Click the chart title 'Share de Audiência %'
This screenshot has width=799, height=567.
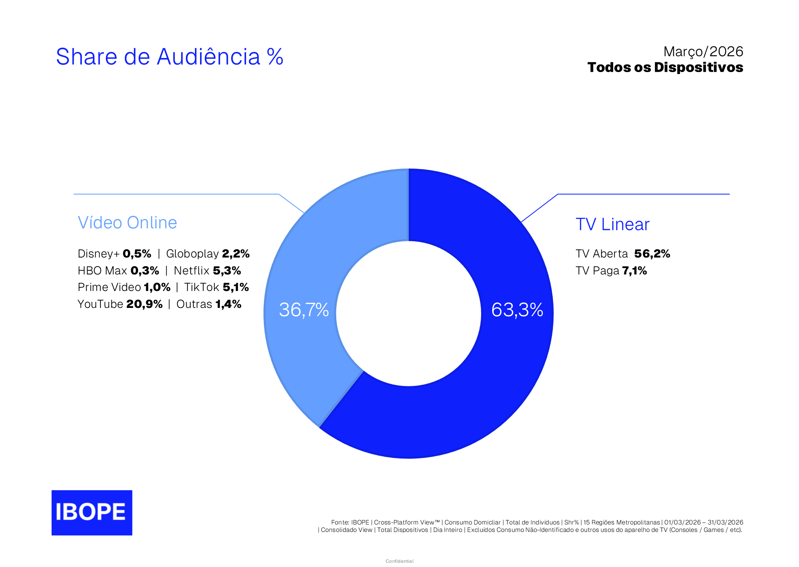click(x=169, y=57)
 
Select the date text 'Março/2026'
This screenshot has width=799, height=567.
click(x=703, y=52)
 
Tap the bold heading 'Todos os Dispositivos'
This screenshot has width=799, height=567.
click(x=665, y=67)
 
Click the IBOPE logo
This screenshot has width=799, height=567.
click(x=92, y=512)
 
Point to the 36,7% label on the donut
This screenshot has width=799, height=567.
click(x=304, y=310)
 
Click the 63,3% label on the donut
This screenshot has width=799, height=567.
click(x=517, y=310)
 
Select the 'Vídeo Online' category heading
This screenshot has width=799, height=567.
click(x=127, y=223)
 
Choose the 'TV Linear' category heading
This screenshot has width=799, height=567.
click(x=612, y=224)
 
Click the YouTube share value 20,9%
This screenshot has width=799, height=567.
click(x=144, y=304)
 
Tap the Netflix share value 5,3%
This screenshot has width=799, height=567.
click(x=227, y=271)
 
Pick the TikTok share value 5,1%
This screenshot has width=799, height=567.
click(x=235, y=287)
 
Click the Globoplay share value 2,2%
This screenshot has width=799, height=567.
click(x=235, y=254)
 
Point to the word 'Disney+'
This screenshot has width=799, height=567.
click(x=98, y=254)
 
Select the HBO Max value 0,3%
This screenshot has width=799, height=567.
click(x=145, y=271)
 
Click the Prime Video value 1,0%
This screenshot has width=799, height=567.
click(x=157, y=287)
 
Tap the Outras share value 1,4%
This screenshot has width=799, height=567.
click(x=228, y=304)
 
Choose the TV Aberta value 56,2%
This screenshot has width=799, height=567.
click(x=652, y=254)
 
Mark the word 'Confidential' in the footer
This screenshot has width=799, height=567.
click(x=399, y=561)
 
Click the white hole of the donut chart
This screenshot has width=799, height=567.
click(x=408, y=313)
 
